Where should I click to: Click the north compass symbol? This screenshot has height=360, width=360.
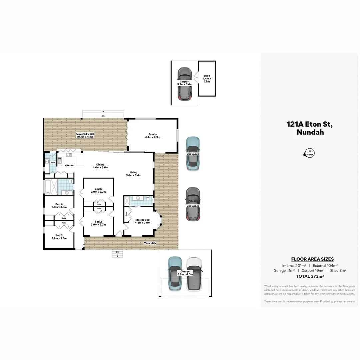[x=309, y=153]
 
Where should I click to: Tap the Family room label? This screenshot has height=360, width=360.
[x=153, y=134]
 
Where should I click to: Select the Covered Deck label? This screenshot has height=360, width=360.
[x=85, y=134]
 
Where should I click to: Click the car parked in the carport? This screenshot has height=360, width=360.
[x=184, y=84]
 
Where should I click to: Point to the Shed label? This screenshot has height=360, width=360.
[x=207, y=76]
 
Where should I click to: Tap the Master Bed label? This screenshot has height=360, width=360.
[x=142, y=220]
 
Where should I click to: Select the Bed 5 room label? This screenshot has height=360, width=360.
[x=98, y=189]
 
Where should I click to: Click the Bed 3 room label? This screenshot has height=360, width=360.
[x=59, y=235]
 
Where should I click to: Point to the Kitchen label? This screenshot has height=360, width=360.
[x=69, y=165]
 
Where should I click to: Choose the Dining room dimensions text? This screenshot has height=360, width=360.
[x=100, y=167]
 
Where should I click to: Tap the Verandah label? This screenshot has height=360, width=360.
[x=150, y=243]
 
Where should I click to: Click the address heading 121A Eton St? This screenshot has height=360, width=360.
[x=310, y=124]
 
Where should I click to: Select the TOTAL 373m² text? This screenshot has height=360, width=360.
[x=310, y=276]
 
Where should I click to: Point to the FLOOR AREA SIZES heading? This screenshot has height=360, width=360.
[x=312, y=259]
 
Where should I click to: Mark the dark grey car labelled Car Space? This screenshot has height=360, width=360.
[x=193, y=204]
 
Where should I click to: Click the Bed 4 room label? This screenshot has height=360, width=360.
[x=59, y=204]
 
